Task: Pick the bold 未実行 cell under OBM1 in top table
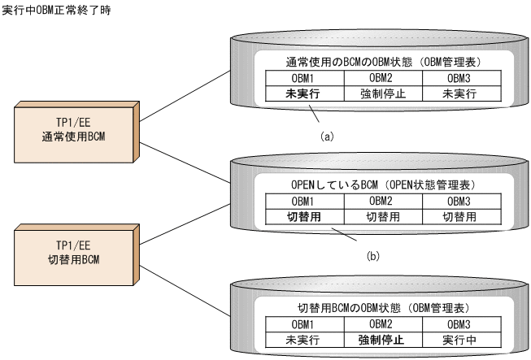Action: pos(301,93)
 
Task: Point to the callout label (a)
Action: pos(327,136)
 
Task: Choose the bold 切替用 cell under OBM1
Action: pos(301,216)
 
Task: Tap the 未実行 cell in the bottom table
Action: pos(301,339)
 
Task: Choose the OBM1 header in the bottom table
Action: pos(301,323)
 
